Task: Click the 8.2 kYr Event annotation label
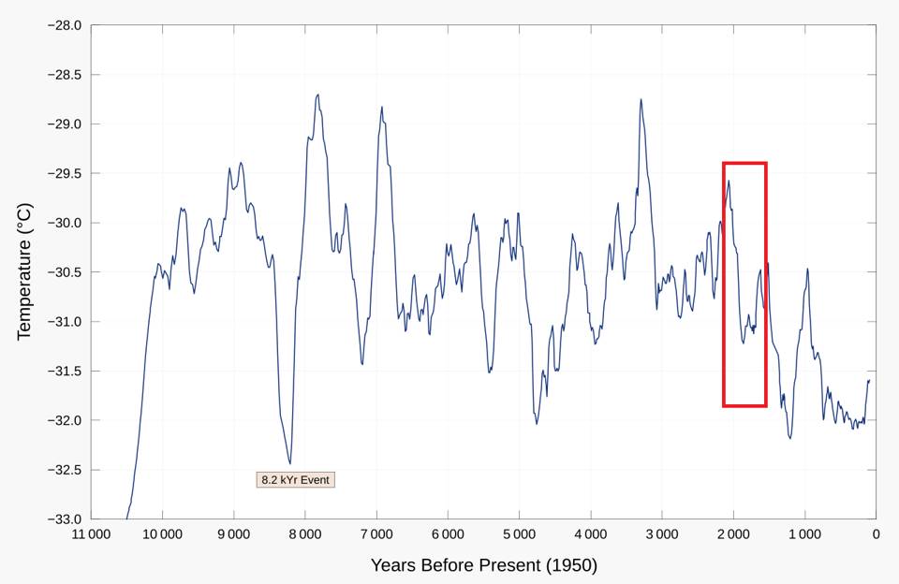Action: click(295, 480)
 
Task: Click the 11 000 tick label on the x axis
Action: click(90, 535)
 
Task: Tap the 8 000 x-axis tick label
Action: click(304, 535)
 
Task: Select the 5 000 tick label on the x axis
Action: click(519, 535)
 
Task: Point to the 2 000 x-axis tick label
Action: click(733, 535)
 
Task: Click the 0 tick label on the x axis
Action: click(876, 535)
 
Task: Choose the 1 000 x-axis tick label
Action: click(804, 535)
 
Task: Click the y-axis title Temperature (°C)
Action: click(25, 271)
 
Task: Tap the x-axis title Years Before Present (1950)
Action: click(483, 565)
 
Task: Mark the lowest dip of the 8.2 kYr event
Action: click(289, 463)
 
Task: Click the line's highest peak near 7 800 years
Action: click(318, 95)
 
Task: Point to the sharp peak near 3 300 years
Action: click(641, 99)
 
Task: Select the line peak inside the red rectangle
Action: click(729, 181)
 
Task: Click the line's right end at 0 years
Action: click(869, 380)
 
